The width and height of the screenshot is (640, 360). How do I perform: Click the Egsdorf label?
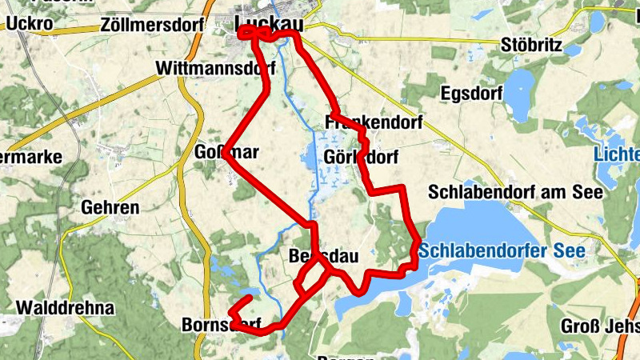pyautogui.click(x=471, y=94)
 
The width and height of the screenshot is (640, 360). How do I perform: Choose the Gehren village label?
pyautogui.click(x=110, y=208)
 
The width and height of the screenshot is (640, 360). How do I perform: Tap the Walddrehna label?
pyautogui.click(x=66, y=307)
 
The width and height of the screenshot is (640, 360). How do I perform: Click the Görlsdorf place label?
pyautogui.click(x=362, y=157)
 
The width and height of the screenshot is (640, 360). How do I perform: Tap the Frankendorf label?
pyautogui.click(x=373, y=122)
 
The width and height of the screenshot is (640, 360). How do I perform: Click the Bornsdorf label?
pyautogui.click(x=222, y=325)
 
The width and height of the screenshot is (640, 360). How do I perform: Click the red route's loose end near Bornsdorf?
pyautogui.click(x=249, y=298)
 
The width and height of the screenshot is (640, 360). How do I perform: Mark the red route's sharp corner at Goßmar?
pyautogui.click(x=227, y=158)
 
